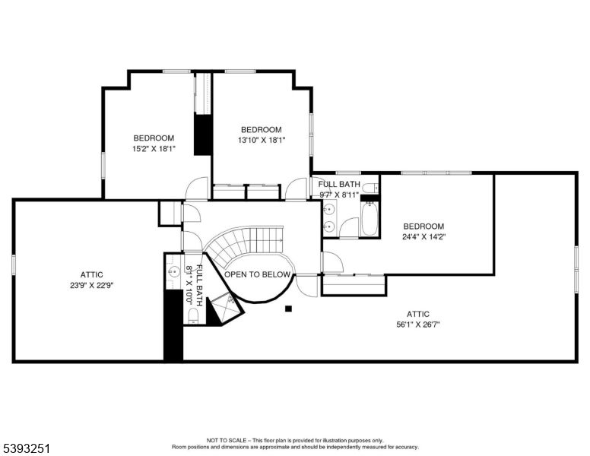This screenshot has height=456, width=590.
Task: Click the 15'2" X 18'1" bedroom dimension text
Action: pyautogui.click(x=154, y=149)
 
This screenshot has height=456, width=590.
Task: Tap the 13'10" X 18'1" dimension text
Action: pyautogui.click(x=261, y=140)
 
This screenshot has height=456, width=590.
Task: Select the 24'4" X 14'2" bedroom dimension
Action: pyautogui.click(x=423, y=236)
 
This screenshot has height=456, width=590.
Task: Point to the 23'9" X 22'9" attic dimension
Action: pyautogui.click(x=91, y=285)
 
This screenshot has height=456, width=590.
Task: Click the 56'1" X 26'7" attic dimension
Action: pyautogui.click(x=417, y=325)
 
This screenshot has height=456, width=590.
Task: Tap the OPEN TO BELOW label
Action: pyautogui.click(x=259, y=274)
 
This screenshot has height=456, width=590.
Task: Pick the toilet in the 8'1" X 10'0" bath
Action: pyautogui.click(x=193, y=315)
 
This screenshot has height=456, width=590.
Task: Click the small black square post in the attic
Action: pyautogui.click(x=288, y=309)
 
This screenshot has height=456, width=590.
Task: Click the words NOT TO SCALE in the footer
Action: pyautogui.click(x=224, y=440)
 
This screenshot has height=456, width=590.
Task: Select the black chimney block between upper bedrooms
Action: pyautogui.click(x=202, y=135)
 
